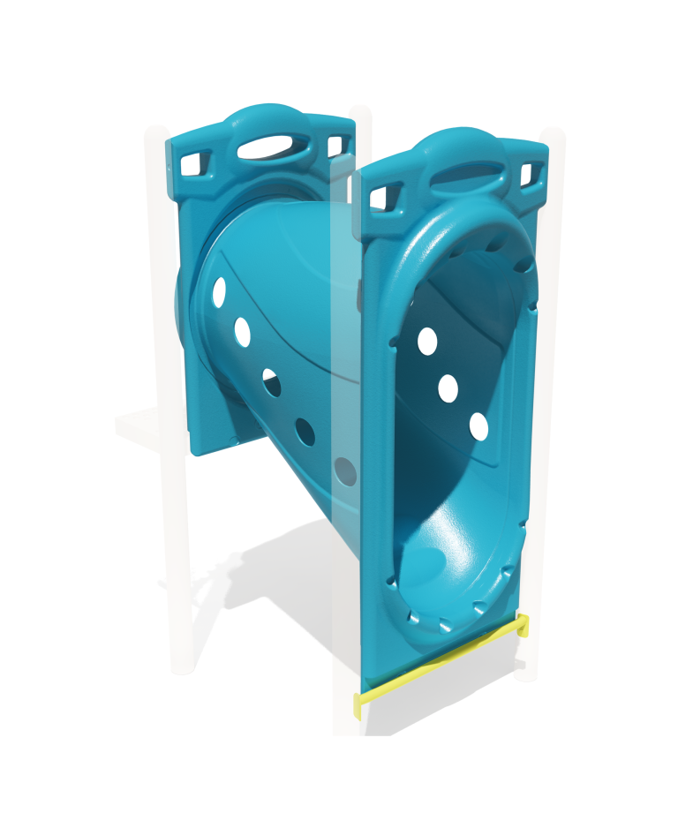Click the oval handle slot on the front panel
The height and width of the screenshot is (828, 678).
[466, 173]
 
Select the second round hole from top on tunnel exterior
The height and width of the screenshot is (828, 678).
[242, 331]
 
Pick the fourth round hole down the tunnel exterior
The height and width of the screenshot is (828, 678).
[305, 431]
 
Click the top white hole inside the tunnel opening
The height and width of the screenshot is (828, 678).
[427, 341]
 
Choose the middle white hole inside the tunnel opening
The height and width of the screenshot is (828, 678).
[448, 388]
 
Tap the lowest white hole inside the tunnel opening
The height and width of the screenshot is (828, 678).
[478, 426]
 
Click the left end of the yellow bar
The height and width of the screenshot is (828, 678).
[360, 704]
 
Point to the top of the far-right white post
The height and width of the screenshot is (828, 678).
[553, 135]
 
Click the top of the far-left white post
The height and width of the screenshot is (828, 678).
[155, 132]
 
